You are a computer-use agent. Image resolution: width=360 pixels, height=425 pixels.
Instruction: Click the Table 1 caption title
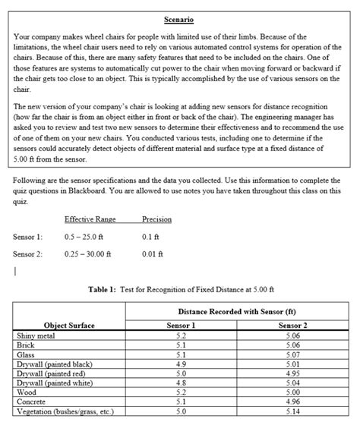pyautogui.click(x=180, y=289)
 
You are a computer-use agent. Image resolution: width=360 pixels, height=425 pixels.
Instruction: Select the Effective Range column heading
pyautogui.click(x=90, y=219)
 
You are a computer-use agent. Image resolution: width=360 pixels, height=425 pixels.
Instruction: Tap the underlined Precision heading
pyautogui.click(x=156, y=219)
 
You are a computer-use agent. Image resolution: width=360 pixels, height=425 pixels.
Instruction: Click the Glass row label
pyautogui.click(x=25, y=353)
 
